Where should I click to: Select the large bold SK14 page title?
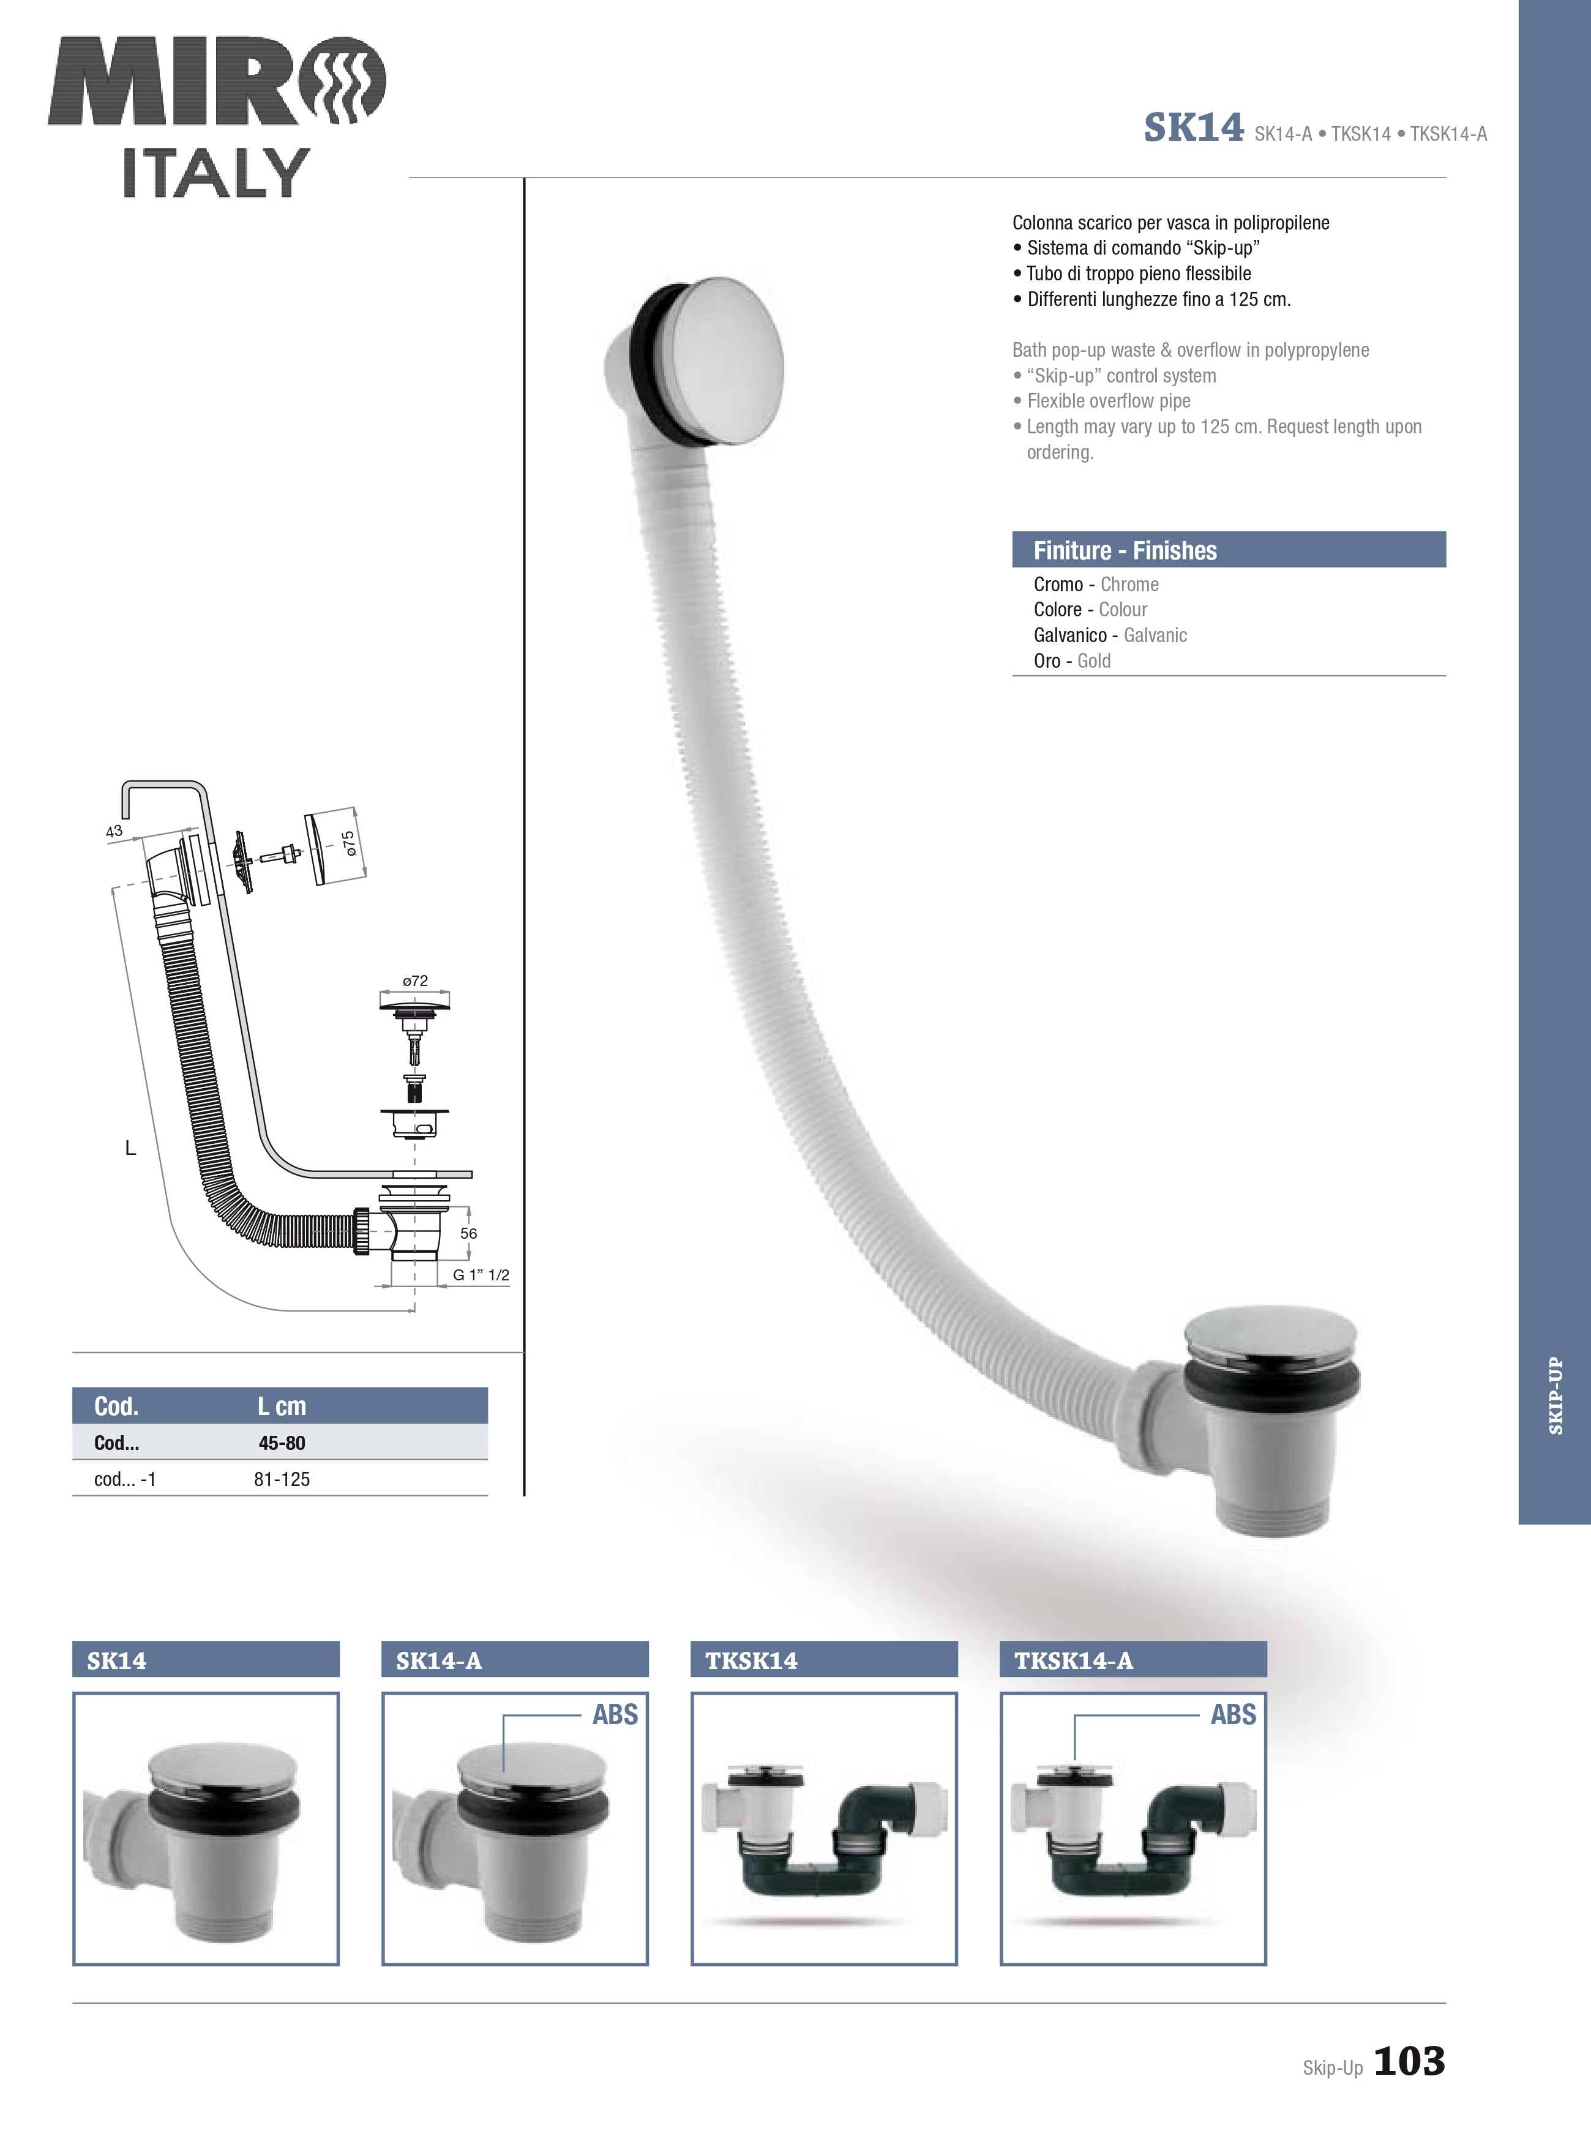point(1193,128)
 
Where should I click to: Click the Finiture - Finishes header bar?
point(1228,550)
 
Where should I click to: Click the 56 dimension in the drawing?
point(468,1233)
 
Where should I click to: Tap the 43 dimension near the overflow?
point(114,831)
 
